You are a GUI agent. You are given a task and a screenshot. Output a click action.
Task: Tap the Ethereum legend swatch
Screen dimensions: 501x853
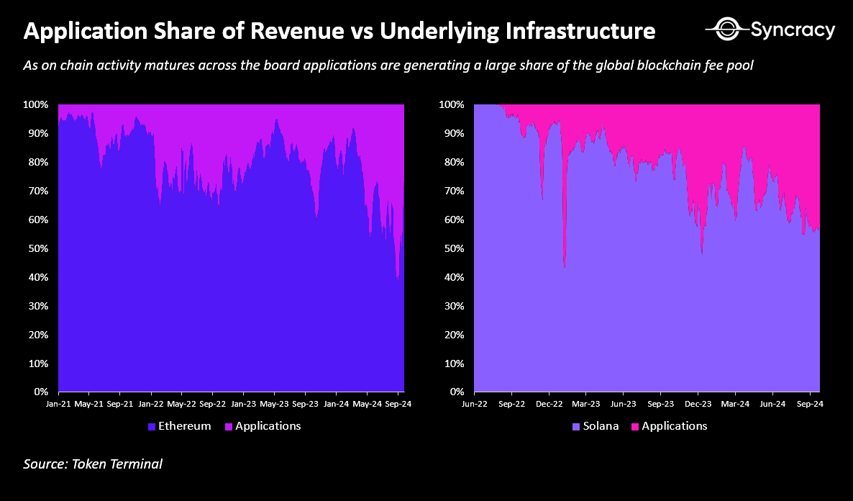151,426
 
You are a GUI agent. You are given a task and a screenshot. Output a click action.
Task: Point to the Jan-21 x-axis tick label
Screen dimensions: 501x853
59,405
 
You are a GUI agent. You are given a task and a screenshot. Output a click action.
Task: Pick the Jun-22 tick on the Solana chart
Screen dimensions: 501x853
475,405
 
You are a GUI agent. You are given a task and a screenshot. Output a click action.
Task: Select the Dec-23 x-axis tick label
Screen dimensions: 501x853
697,405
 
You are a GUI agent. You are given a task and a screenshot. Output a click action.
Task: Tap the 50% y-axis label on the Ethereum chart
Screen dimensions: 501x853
38,248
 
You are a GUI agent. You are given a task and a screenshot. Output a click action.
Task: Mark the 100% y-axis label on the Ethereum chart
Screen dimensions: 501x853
36,105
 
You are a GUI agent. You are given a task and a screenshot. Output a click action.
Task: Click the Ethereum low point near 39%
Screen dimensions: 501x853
398,279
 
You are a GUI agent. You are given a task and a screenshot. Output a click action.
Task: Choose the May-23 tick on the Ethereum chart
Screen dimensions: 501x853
274,405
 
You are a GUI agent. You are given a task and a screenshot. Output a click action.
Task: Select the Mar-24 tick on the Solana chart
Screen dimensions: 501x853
734,405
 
